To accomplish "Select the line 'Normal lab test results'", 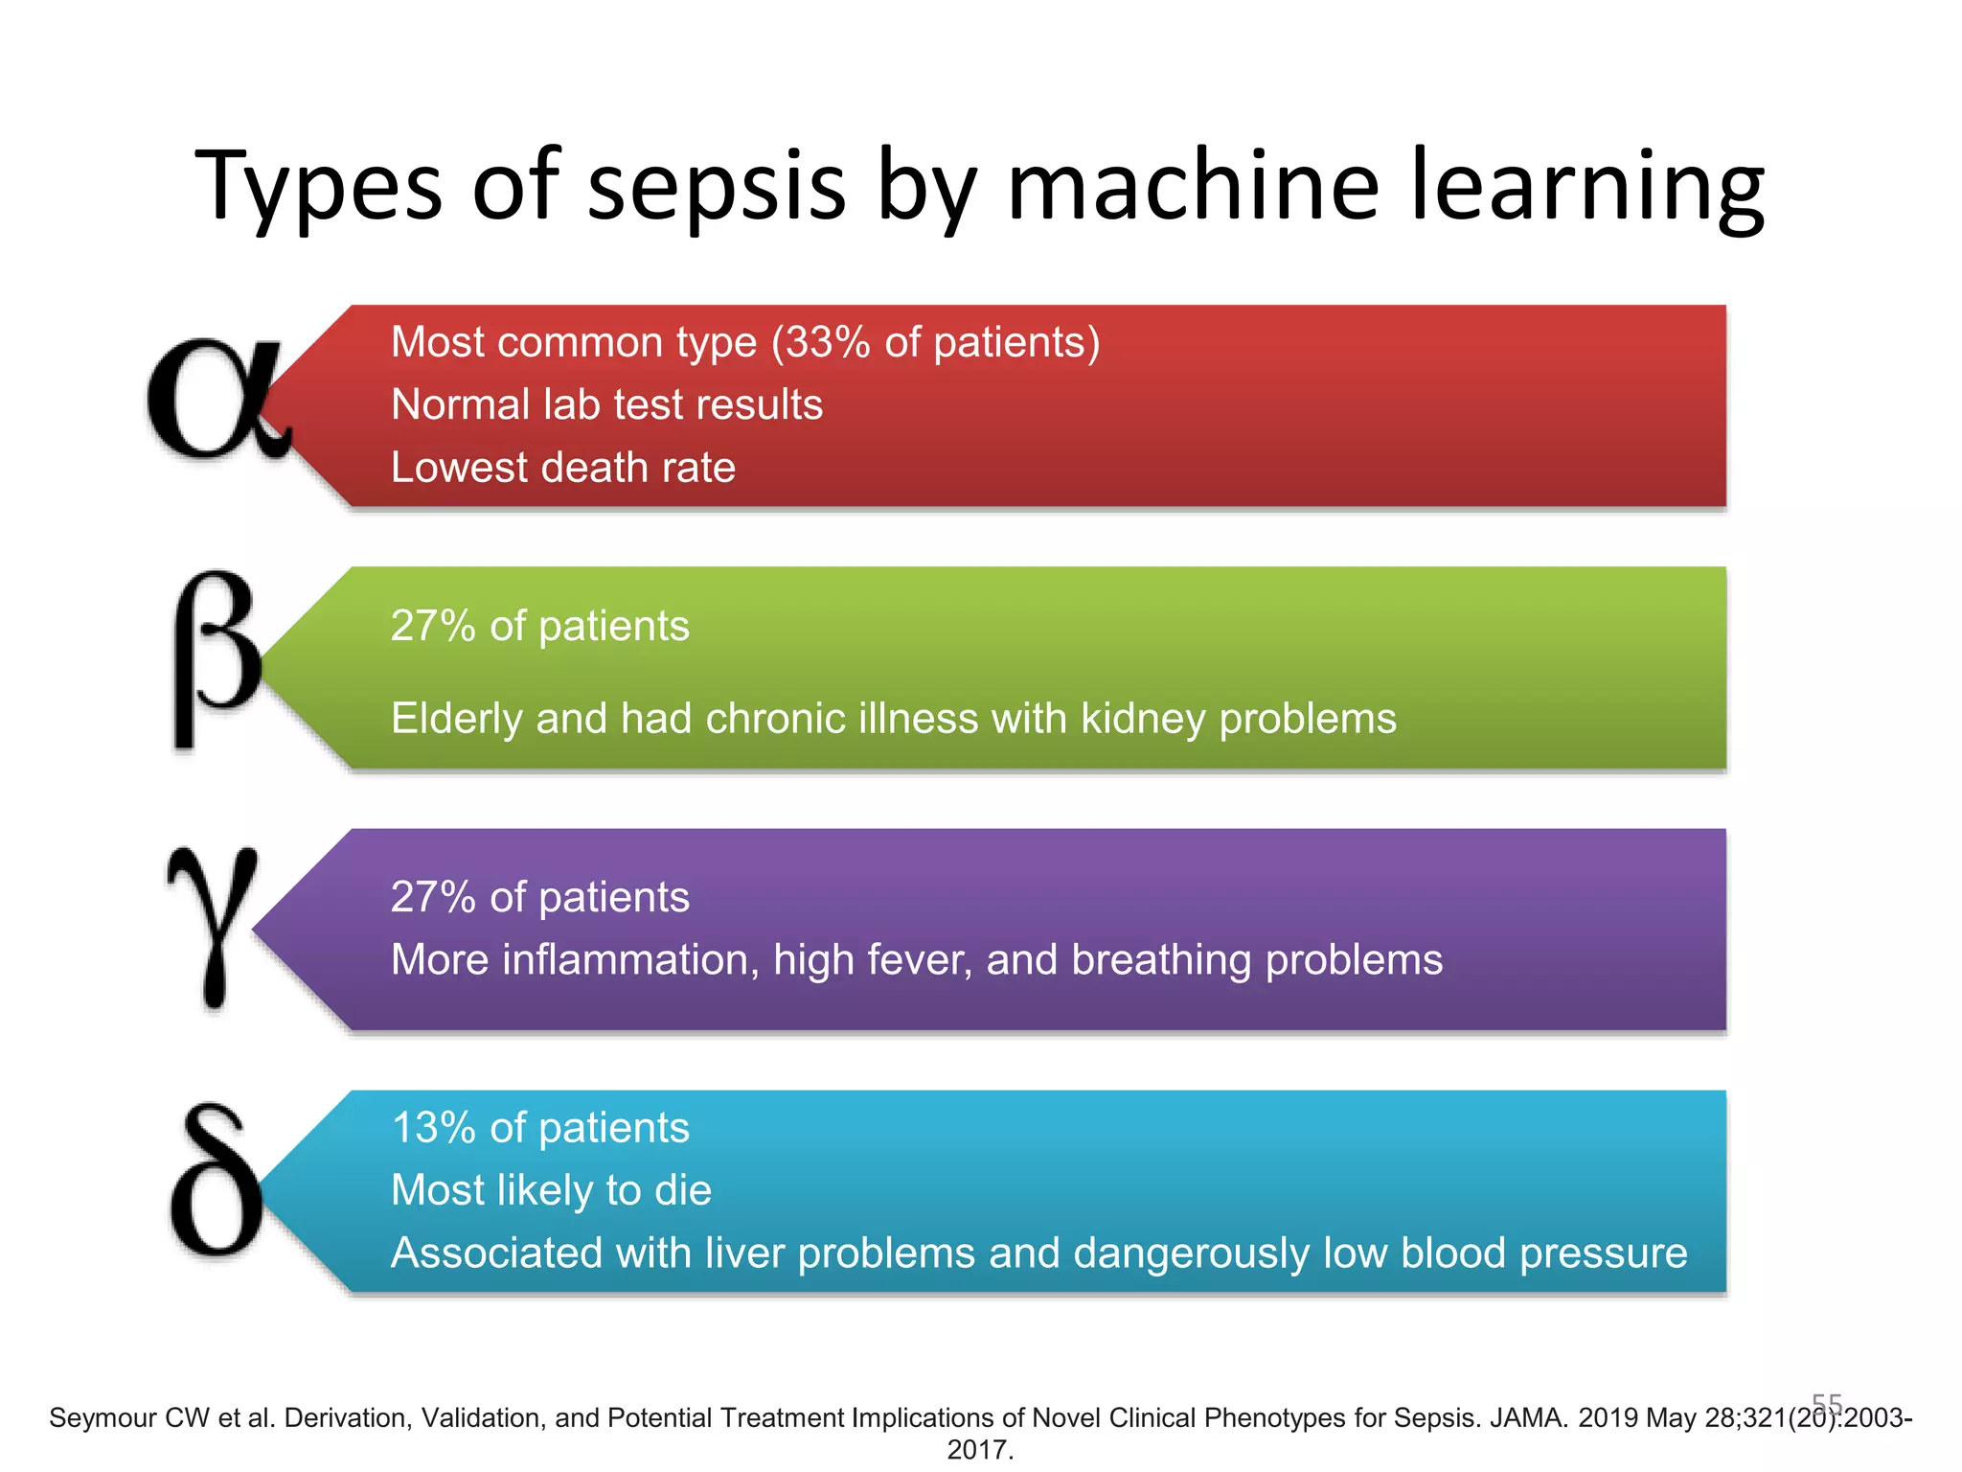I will [606, 404].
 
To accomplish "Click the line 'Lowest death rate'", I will [563, 468].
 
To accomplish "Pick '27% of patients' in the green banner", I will [539, 626].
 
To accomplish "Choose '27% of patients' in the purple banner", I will [539, 897].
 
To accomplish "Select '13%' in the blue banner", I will [434, 1128].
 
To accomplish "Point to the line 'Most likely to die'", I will [551, 1190].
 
